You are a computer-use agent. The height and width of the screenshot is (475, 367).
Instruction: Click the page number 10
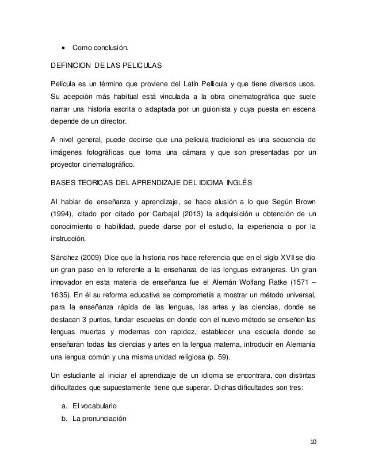point(313,442)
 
